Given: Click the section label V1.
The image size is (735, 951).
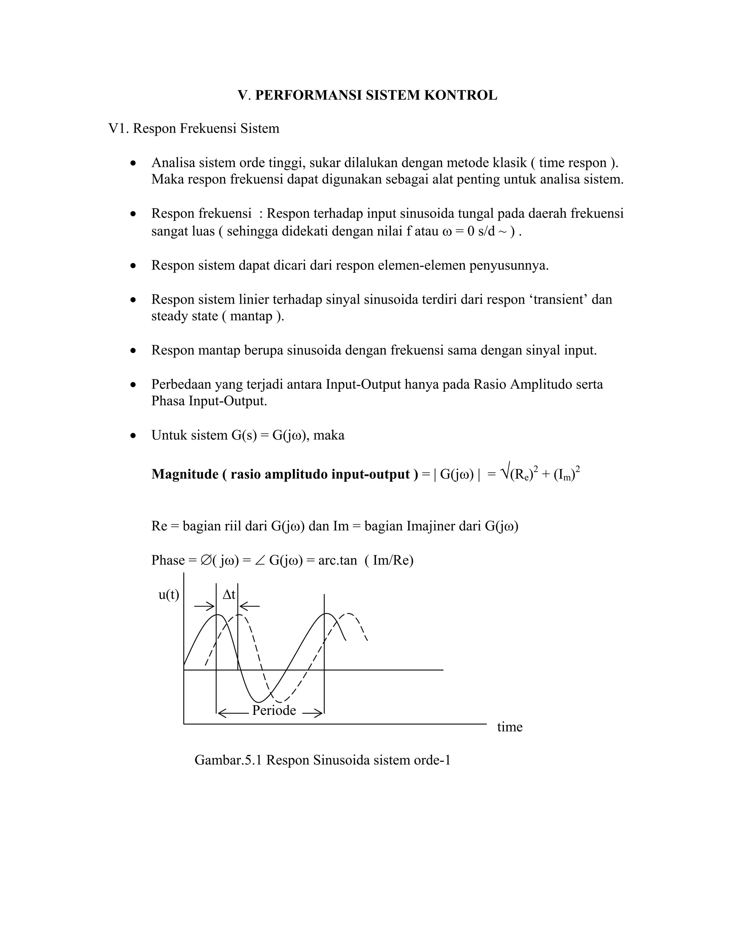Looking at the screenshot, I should coord(118,129).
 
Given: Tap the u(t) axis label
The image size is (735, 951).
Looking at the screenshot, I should coord(169,595).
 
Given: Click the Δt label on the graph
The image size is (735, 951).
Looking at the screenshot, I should coord(229,595).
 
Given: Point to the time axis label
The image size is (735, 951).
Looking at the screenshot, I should coord(510,727).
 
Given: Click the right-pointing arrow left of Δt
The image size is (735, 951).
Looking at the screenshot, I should coord(204,606).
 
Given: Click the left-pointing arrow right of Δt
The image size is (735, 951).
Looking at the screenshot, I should coord(250,606).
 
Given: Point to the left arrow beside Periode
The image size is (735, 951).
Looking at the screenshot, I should coord(233,713).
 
